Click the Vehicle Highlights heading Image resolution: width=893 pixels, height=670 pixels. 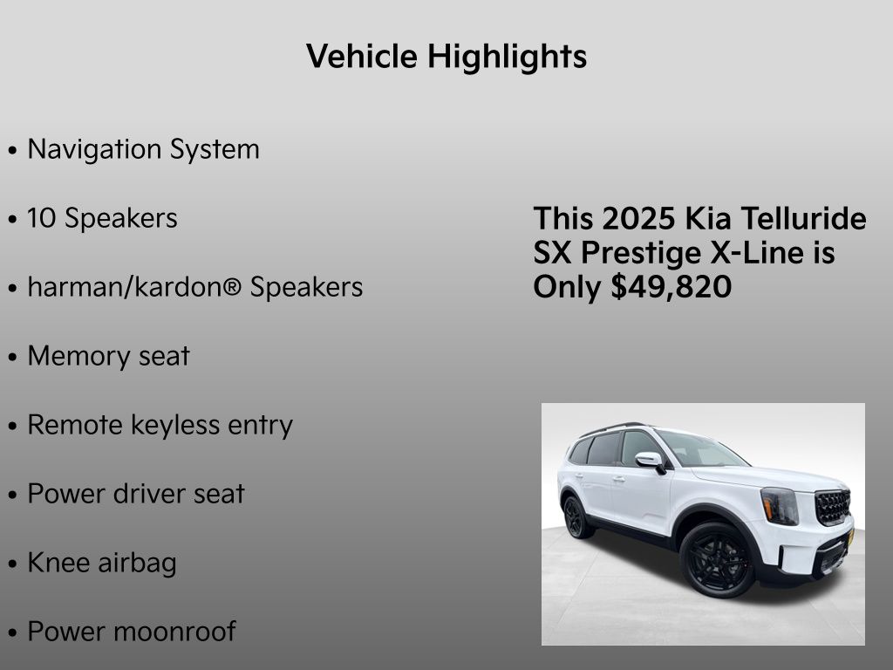pos(446,58)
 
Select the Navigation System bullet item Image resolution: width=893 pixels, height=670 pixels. pos(143,149)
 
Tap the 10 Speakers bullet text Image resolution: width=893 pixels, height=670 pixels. pos(102,218)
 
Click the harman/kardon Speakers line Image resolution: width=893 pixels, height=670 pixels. pos(194,287)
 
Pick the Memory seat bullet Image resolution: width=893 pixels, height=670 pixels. pos(108,356)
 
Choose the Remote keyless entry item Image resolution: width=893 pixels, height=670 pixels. pos(160,425)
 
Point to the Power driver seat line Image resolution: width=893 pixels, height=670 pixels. pos(136,494)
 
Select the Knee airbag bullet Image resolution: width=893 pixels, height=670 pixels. pos(101,563)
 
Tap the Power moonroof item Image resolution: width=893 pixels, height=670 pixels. pos(131,632)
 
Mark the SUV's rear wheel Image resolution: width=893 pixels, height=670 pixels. pos(575,516)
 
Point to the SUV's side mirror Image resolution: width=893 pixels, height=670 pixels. pos(649,460)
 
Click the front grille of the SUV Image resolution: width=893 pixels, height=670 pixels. pos(832,506)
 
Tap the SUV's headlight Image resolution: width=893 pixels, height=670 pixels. pos(779,505)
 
